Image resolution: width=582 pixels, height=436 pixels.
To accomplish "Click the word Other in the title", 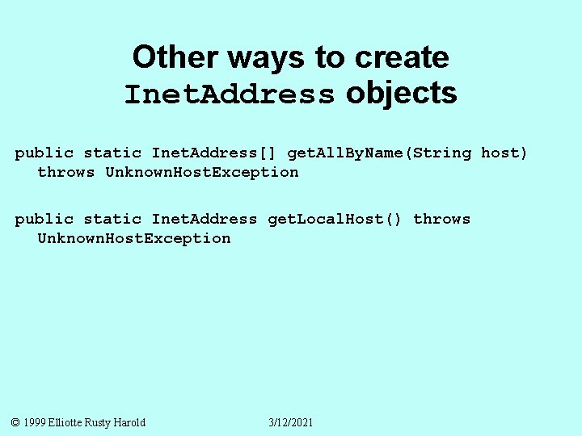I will (x=175, y=58).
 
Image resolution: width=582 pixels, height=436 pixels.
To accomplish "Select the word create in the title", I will (x=402, y=58).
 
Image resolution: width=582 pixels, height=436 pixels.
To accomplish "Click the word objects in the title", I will (x=402, y=94).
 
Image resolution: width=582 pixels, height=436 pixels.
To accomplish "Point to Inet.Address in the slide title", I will (x=230, y=95).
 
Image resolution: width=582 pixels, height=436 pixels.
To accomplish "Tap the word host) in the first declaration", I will (x=504, y=153).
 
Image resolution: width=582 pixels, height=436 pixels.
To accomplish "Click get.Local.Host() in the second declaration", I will (x=334, y=220).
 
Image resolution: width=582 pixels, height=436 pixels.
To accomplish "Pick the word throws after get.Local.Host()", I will (x=441, y=220).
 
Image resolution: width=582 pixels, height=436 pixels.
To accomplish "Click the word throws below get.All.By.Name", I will (x=66, y=172).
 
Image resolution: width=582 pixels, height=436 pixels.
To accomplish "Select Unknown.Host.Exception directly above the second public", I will (x=202, y=172).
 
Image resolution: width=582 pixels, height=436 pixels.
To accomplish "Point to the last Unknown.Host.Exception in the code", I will (x=134, y=238).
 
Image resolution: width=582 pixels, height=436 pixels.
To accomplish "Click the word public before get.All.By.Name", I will (x=44, y=153).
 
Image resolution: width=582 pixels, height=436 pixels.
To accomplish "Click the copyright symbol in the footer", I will (x=16, y=422).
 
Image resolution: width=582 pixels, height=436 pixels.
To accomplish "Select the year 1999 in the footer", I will (x=35, y=422).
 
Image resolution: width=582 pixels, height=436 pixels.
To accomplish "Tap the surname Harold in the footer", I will (x=130, y=422).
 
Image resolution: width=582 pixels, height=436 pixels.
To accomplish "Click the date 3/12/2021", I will (x=291, y=422).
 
